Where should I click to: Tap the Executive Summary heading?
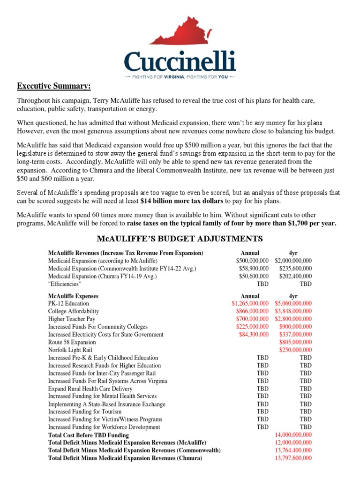[x=54, y=86]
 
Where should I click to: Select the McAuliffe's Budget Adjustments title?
[x=180, y=239]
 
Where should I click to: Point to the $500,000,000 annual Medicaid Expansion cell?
[x=252, y=261]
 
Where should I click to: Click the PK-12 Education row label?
[x=68, y=304]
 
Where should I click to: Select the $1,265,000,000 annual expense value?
[x=250, y=304]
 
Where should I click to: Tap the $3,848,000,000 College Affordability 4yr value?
[x=293, y=311]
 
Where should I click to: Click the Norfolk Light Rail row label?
[x=70, y=350]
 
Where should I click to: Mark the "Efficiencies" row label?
[x=65, y=284]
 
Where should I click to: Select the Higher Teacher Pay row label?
[x=71, y=319]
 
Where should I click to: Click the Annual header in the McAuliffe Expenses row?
[x=250, y=296]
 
